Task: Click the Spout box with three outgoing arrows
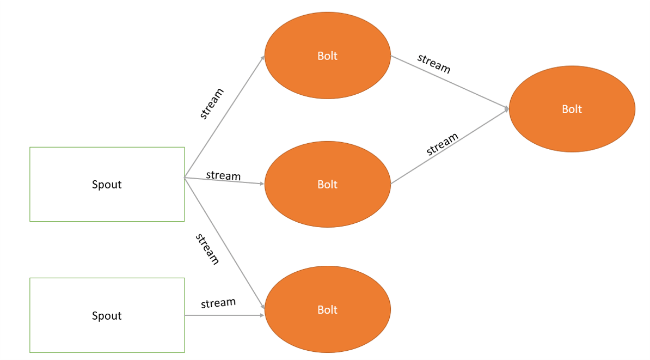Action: [107, 184]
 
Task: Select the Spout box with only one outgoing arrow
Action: [107, 315]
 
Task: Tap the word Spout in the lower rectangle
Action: [107, 316]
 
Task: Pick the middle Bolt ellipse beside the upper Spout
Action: [327, 185]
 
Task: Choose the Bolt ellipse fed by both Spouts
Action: [327, 310]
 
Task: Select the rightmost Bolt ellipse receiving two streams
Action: [572, 109]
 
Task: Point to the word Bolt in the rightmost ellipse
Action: [572, 109]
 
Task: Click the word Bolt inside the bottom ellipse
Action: [327, 310]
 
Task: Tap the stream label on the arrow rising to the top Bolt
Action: [212, 103]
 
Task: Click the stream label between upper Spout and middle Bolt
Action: [223, 175]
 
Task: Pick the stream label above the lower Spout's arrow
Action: [218, 303]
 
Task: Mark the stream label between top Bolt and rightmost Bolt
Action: [434, 64]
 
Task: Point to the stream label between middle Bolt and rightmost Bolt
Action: [442, 144]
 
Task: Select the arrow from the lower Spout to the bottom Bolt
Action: [224, 315]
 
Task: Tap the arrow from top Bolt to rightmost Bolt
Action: [450, 82]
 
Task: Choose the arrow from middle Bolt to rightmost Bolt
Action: [450, 146]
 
